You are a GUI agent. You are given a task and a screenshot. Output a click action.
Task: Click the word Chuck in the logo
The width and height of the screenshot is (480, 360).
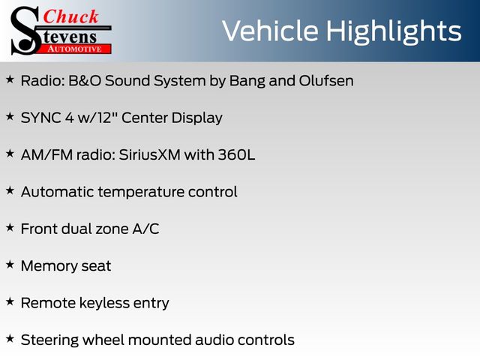(70, 16)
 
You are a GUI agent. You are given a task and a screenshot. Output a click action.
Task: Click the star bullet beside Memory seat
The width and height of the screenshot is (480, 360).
(10, 265)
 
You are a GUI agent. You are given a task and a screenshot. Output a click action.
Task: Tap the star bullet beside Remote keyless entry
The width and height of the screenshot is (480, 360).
(10, 301)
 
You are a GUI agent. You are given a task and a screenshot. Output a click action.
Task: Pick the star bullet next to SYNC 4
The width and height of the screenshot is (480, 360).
(10, 116)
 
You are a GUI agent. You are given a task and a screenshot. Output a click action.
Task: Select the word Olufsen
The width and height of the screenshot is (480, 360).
(326, 81)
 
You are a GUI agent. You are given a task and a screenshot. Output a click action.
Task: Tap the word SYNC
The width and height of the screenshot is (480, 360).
(40, 118)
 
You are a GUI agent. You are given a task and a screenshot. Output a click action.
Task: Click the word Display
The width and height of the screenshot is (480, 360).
(196, 118)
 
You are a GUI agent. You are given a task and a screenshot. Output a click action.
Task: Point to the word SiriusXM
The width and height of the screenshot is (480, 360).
(150, 154)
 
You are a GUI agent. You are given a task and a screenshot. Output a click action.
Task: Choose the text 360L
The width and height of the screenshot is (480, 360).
(236, 154)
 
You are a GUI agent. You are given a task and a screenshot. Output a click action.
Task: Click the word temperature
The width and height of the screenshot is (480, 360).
(141, 193)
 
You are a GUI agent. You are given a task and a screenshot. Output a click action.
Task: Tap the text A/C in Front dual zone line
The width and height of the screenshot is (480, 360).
(145, 229)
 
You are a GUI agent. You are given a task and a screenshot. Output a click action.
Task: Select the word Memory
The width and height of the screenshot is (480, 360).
(49, 266)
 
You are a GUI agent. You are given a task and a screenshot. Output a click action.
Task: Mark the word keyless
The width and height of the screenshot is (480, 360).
(104, 303)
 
